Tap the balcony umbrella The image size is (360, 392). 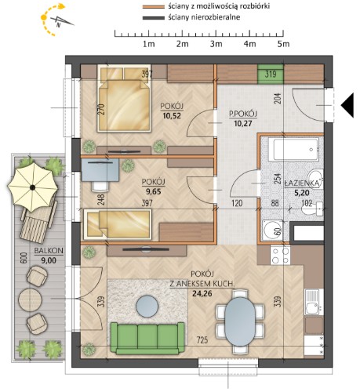coord(33,187)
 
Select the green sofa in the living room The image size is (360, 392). coord(147,338)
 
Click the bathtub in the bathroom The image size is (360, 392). coord(296,149)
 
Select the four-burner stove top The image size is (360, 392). coord(281,256)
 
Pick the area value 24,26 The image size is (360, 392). coord(202,293)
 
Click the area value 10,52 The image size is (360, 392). coord(172,115)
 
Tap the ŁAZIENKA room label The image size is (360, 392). coord(302,183)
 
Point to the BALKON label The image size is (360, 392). coord(49,251)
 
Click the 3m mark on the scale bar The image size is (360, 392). coord(216,44)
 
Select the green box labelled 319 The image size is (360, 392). coord(271,74)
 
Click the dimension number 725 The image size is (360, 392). coord(202,339)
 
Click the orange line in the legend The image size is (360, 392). coord(153,7)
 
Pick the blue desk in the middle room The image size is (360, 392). coord(100,169)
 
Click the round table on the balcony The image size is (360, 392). coord(31,299)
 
